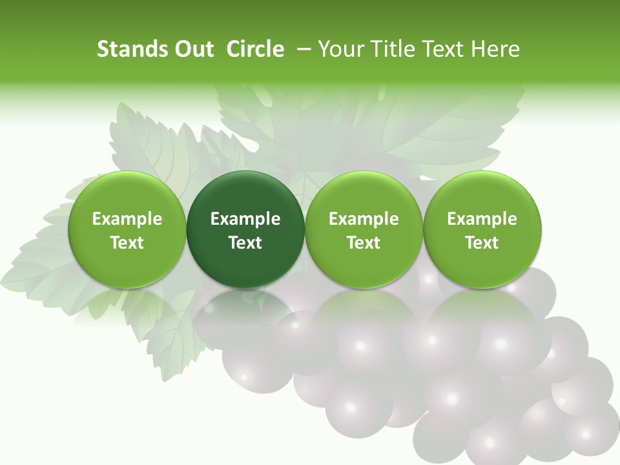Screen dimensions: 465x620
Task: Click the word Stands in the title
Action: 127,49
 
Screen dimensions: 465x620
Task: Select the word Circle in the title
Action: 255,49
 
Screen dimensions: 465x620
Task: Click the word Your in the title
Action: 340,49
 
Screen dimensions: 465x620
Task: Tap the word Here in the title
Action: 496,49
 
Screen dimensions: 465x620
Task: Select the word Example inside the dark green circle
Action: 245,219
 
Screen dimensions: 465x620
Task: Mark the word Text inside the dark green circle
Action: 245,243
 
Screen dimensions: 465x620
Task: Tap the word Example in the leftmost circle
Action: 127,219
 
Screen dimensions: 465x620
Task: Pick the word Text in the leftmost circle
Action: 127,243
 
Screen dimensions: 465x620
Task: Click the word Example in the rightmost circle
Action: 482,219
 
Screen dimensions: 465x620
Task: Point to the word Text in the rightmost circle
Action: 482,243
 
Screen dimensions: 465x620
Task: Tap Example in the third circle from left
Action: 364,219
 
